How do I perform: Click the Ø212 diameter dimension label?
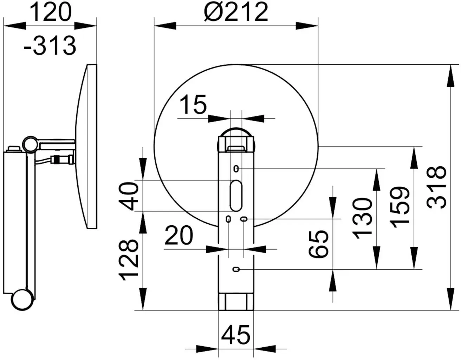point(236,12)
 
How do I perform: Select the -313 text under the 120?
point(50,46)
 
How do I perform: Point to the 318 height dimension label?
point(437,187)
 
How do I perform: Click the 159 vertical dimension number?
point(400,207)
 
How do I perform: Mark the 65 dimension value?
point(318,244)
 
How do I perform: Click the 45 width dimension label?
point(236,335)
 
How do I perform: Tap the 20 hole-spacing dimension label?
point(179,235)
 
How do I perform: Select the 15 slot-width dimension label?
point(193,104)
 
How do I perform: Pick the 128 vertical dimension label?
point(129,260)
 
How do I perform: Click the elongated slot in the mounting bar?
point(236,196)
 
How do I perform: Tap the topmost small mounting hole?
point(236,169)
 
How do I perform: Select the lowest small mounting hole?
point(236,270)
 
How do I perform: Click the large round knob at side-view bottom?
point(22,300)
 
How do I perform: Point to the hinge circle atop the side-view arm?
point(30,145)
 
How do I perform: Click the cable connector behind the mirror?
point(63,160)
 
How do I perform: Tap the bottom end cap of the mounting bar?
point(236,302)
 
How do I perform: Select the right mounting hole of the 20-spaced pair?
point(244,219)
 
